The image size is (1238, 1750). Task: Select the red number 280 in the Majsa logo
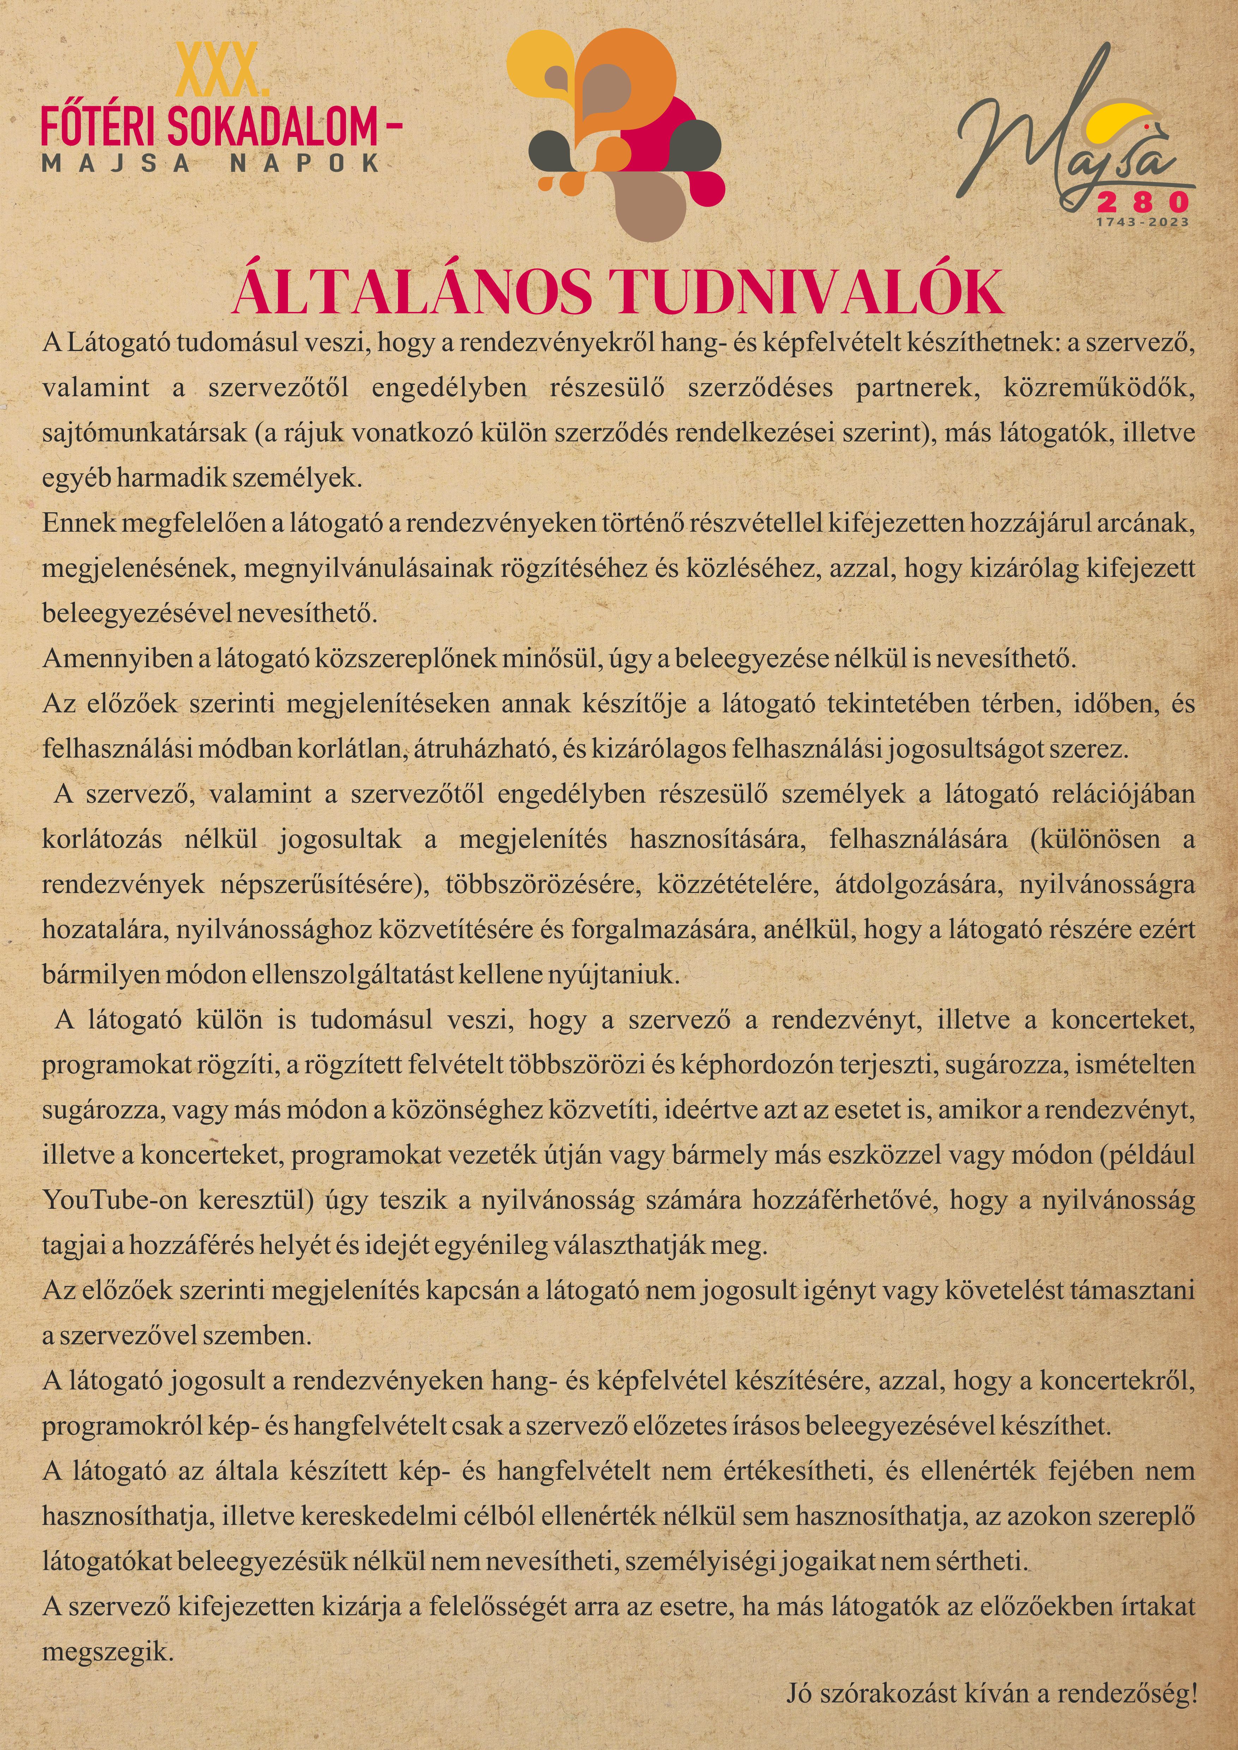coord(1141,202)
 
